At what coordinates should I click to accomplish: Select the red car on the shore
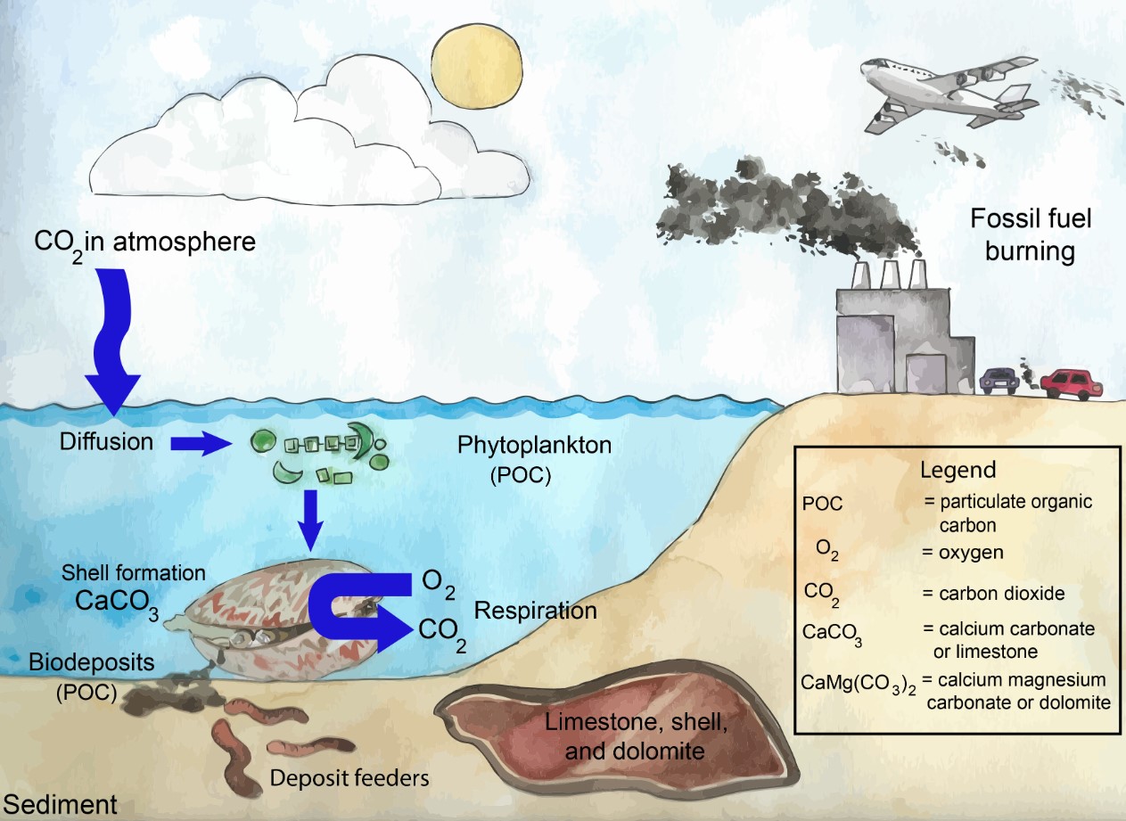point(1072,383)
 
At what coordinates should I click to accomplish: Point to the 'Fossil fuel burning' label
point(1018,234)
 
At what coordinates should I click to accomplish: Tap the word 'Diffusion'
point(107,441)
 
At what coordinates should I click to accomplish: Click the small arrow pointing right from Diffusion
point(201,443)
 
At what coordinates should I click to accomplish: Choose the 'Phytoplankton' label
point(535,445)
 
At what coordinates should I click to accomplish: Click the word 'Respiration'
point(535,611)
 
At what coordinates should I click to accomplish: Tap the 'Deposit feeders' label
point(350,777)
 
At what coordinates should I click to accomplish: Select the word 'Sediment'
point(59,805)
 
